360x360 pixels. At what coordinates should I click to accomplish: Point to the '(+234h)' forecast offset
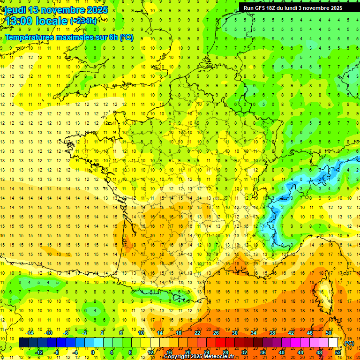coord(84,21)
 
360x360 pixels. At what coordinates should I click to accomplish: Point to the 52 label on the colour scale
coord(338,352)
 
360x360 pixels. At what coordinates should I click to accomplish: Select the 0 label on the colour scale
coord(92,352)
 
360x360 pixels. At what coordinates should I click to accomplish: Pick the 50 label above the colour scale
coord(329,333)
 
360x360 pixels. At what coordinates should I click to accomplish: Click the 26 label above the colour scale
coord(216,333)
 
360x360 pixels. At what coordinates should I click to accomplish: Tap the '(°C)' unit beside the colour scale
coord(349,343)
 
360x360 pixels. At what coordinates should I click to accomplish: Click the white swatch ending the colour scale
coord(333,343)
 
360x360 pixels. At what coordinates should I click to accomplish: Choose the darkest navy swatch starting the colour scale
coord(23,343)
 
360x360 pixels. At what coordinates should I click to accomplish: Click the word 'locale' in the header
coord(52,21)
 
